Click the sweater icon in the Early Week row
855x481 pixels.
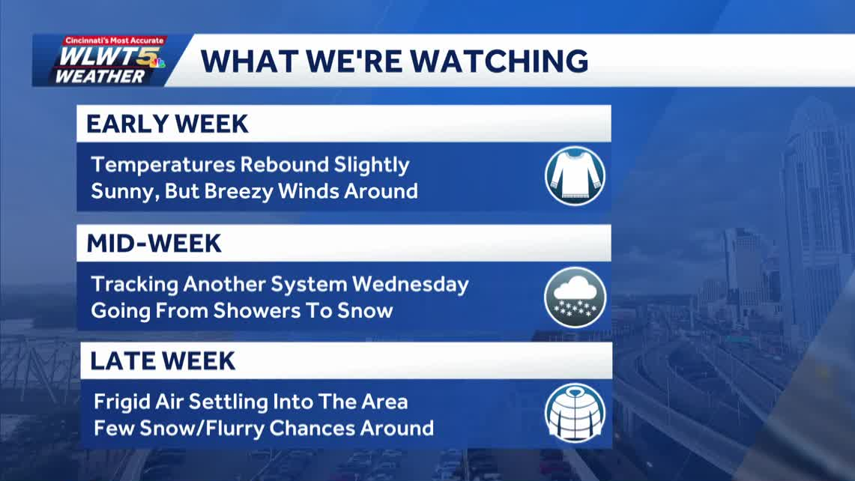(575, 176)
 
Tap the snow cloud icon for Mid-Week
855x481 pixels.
(575, 297)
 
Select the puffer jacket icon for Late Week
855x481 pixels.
(575, 414)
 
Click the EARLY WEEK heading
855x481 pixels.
(167, 124)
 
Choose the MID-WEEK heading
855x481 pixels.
(154, 243)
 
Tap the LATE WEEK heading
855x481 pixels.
(163, 360)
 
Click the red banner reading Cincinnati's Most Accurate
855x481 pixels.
(115, 40)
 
